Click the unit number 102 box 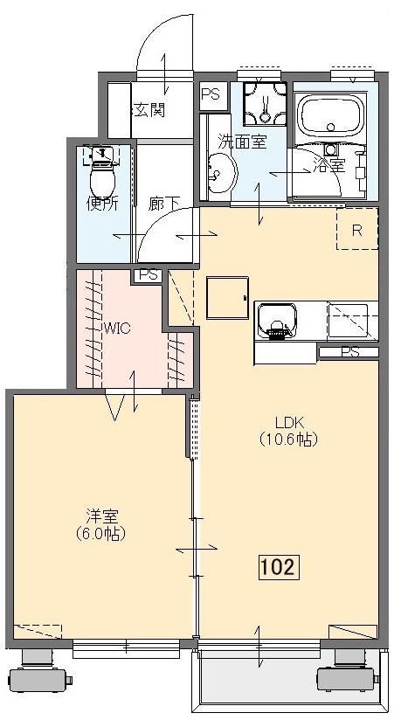click(x=280, y=567)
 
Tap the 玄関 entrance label click(x=149, y=110)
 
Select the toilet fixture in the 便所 click(x=102, y=172)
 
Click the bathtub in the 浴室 click(x=331, y=115)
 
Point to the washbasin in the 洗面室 click(x=222, y=173)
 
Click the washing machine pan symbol click(x=265, y=104)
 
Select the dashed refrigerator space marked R click(x=357, y=229)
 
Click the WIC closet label click(x=117, y=329)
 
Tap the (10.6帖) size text click(x=288, y=440)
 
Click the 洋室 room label click(x=102, y=516)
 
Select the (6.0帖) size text click(x=101, y=534)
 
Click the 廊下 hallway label click(x=163, y=204)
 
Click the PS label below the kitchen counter click(x=349, y=353)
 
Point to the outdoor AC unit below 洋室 click(x=38, y=671)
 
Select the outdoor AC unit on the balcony click(x=347, y=671)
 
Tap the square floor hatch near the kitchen click(x=227, y=298)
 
